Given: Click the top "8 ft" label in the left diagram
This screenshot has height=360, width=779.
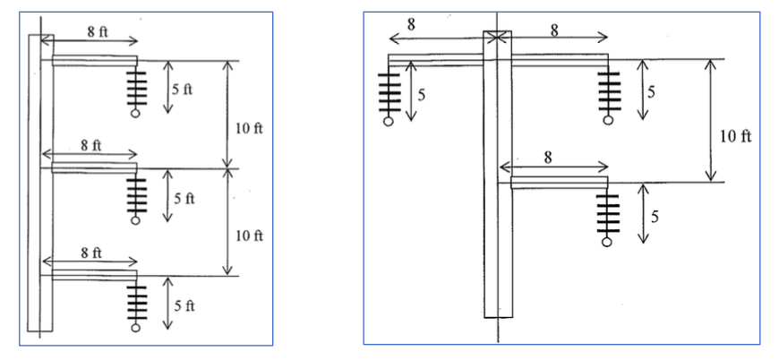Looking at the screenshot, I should [x=98, y=31].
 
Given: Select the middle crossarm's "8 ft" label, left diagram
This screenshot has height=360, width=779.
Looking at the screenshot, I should [x=90, y=143].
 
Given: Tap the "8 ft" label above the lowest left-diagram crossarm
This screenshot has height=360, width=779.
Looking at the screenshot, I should [x=91, y=253].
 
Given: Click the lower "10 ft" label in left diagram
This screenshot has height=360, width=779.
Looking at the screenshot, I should [x=247, y=236].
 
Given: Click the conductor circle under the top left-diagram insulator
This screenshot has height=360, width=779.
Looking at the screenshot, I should [x=135, y=114].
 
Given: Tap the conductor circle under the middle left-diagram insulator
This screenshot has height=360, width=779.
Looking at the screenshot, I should [x=135, y=219].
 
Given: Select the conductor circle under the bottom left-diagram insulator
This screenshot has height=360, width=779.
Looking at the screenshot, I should [x=135, y=329].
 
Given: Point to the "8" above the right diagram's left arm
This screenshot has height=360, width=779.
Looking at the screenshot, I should [x=411, y=25].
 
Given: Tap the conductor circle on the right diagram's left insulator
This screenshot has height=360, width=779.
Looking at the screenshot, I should [x=388, y=121].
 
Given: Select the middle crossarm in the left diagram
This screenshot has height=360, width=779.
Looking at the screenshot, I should [x=94, y=167].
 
